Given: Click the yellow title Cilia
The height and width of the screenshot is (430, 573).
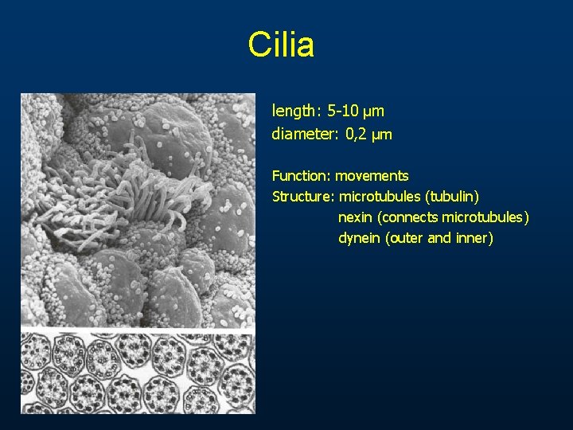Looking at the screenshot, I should point(281,45).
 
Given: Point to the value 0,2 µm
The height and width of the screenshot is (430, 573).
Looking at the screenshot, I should point(369,135).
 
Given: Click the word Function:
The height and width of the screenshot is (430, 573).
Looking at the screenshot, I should point(302,175).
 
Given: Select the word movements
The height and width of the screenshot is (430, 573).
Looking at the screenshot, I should point(372,175).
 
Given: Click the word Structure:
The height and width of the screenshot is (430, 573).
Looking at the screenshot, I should point(304,196).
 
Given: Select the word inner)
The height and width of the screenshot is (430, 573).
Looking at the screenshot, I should point(474,237).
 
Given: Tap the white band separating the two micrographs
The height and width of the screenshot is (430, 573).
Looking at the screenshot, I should point(138,329).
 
